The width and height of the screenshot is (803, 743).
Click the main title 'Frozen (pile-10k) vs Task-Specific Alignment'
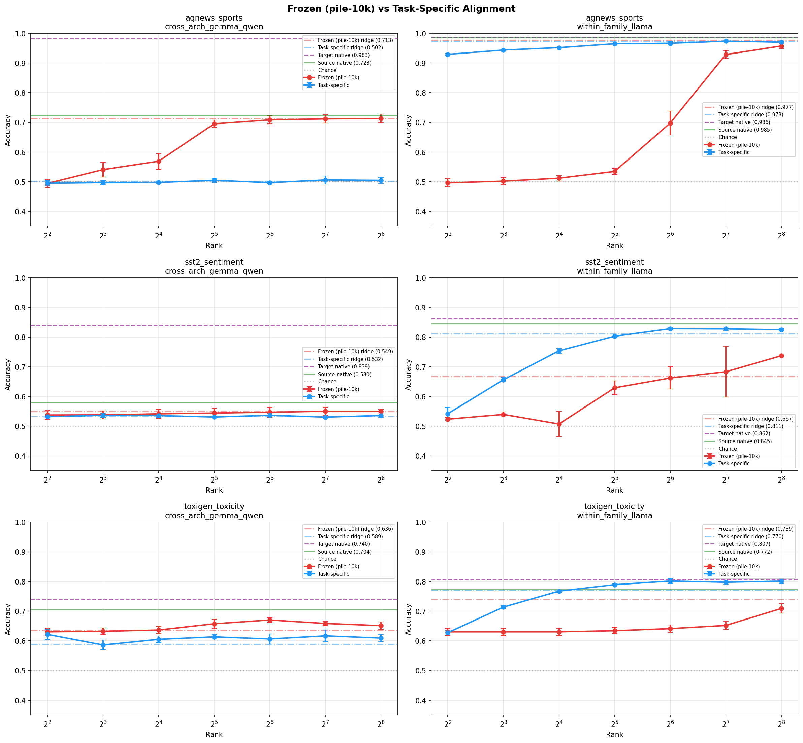(401, 8)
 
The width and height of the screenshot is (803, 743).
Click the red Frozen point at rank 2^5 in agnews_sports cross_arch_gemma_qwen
(214, 124)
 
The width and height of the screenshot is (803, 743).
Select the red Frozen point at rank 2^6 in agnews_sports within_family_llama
(670, 123)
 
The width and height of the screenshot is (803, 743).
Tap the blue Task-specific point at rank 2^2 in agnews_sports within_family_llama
(448, 55)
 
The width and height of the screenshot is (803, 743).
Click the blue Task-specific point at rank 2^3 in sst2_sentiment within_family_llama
(503, 380)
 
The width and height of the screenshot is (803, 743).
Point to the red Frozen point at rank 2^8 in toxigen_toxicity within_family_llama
(781, 608)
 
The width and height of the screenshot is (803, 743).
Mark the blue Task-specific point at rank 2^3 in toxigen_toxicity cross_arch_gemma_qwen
(103, 645)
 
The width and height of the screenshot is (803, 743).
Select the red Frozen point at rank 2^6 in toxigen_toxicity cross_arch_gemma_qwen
(270, 620)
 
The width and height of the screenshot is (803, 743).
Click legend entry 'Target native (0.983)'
(343, 55)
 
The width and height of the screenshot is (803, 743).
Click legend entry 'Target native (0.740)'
(343, 544)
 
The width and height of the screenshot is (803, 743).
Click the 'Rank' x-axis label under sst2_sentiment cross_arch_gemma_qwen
(214, 490)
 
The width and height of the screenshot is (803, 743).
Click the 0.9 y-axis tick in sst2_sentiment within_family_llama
(422, 308)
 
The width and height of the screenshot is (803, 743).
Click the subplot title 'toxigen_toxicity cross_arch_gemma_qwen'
(214, 511)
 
